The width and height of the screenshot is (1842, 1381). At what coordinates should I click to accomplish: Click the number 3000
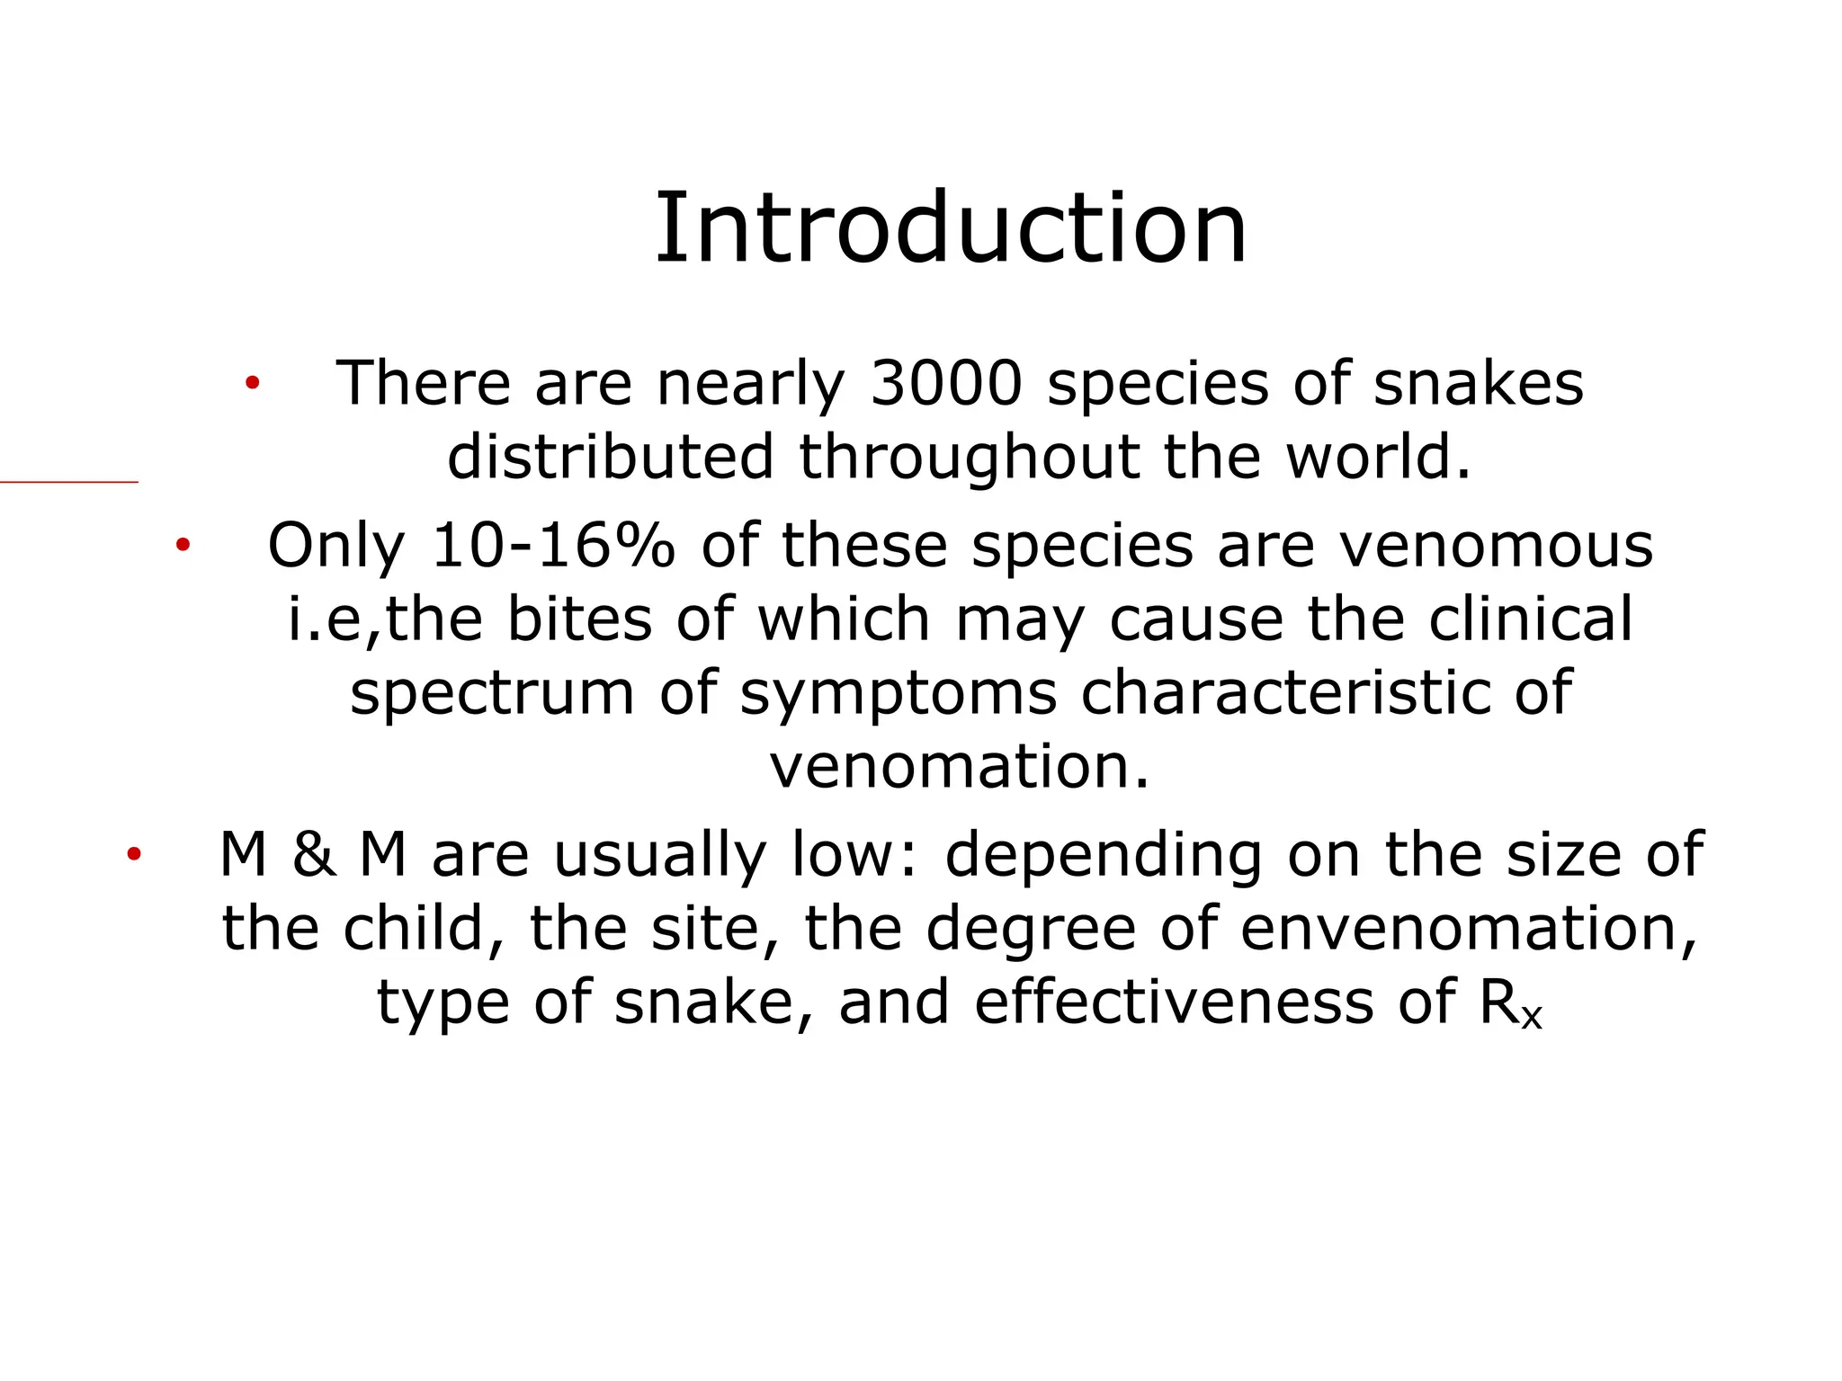pyautogui.click(x=947, y=384)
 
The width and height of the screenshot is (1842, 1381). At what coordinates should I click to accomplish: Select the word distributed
pyautogui.click(x=610, y=457)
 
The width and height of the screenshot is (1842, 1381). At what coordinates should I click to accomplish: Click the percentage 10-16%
pyautogui.click(x=552, y=546)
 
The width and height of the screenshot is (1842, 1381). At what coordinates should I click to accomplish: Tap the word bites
pyautogui.click(x=579, y=619)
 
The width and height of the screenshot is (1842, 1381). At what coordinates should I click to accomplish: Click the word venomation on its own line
pyautogui.click(x=959, y=767)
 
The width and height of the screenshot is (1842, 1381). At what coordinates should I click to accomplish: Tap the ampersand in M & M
pyautogui.click(x=314, y=855)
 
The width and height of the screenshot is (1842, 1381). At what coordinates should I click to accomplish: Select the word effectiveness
pyautogui.click(x=1173, y=1002)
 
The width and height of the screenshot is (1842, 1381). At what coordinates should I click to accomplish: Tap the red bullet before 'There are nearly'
pyautogui.click(x=253, y=384)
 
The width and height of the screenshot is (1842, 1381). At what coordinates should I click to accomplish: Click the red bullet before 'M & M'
pyautogui.click(x=134, y=855)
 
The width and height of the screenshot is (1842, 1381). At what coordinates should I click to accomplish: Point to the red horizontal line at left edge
pyautogui.click(x=68, y=483)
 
